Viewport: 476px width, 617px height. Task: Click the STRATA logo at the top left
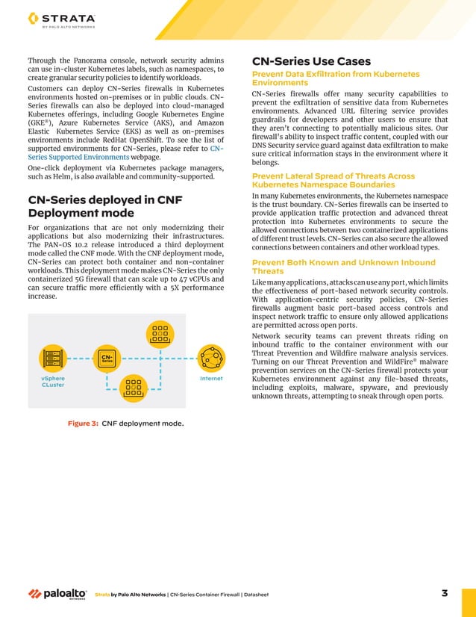click(x=60, y=20)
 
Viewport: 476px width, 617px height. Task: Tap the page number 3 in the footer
click(x=445, y=594)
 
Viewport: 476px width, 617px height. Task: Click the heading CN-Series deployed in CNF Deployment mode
click(x=104, y=206)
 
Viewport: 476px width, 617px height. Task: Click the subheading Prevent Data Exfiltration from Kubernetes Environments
click(x=336, y=78)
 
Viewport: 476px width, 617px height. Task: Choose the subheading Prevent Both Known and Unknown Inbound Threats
click(x=343, y=267)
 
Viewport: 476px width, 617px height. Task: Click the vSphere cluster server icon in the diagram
click(x=53, y=359)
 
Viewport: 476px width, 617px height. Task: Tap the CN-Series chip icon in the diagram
click(x=107, y=359)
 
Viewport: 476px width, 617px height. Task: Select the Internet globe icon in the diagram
click(x=212, y=359)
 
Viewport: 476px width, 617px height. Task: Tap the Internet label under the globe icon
click(x=211, y=379)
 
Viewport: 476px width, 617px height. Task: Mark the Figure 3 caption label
click(x=84, y=424)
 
